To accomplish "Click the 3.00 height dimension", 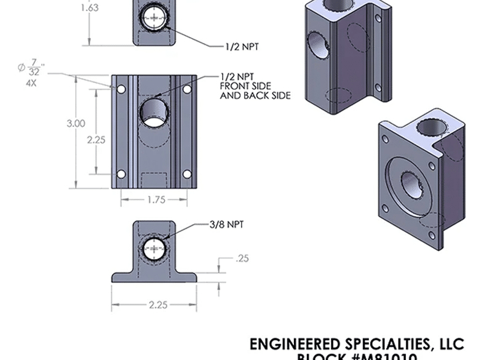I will point(76,124).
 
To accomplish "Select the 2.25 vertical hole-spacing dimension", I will point(96,140).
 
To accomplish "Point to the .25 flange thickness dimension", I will point(242,258).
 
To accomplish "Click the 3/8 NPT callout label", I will point(227,225).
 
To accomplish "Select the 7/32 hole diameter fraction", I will point(34,68).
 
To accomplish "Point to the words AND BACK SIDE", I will point(255,95).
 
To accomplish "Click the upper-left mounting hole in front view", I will point(121,90).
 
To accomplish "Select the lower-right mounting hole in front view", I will point(187,174).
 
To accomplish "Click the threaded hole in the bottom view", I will point(154,249).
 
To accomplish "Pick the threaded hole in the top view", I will point(154,18).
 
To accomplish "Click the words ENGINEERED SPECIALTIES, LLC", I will point(356,343).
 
